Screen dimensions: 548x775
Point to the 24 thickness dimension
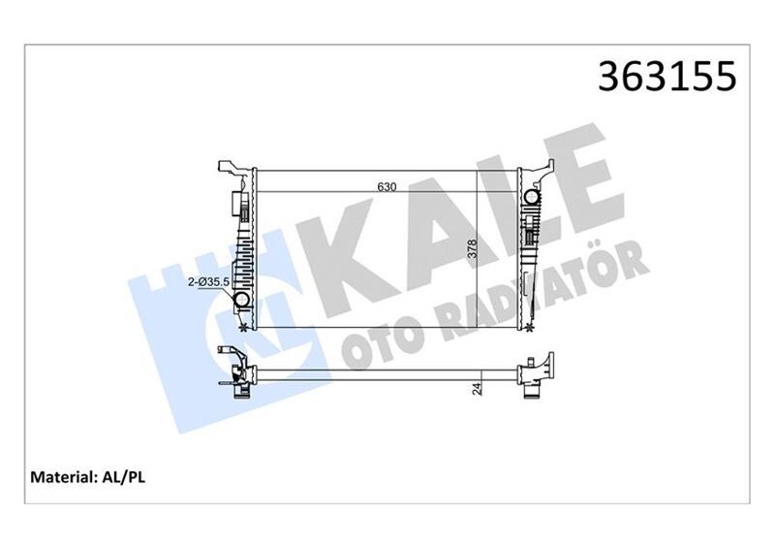(x=477, y=389)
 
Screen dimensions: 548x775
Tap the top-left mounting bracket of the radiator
(x=229, y=167)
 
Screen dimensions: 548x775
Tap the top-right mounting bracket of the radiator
(x=544, y=167)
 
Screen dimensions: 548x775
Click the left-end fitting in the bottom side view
(x=237, y=372)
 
